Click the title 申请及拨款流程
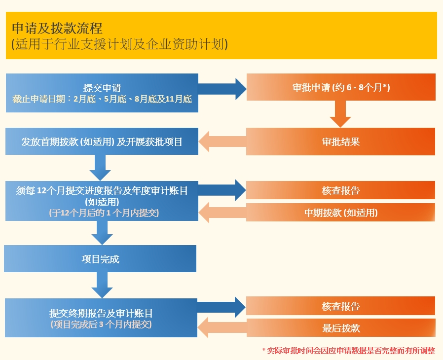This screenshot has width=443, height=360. click(57, 28)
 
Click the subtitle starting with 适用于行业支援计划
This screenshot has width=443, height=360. click(120, 44)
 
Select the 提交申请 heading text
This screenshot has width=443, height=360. click(102, 88)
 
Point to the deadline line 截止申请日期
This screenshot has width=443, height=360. click(102, 99)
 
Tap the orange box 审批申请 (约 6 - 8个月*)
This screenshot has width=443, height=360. click(341, 87)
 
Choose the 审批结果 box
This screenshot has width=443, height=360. click(341, 142)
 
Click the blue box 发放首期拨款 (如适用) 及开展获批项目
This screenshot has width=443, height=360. click(102, 141)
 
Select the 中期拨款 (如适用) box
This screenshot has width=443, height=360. click(341, 213)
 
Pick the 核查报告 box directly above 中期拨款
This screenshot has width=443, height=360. click(341, 190)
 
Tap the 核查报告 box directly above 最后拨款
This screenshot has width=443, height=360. click(341, 306)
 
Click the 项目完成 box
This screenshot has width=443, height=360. click(100, 258)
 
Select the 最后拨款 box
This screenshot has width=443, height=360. click(341, 328)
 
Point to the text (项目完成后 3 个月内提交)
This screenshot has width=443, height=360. click(101, 324)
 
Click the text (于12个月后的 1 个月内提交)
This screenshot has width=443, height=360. click(104, 213)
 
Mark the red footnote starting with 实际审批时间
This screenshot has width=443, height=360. click(349, 351)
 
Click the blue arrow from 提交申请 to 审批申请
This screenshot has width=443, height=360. click(222, 89)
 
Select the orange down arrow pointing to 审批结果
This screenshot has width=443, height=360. click(340, 114)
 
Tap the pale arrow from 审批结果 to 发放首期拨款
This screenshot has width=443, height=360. click(222, 142)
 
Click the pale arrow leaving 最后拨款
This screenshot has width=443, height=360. click(222, 327)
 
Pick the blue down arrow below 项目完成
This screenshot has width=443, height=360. click(102, 285)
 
